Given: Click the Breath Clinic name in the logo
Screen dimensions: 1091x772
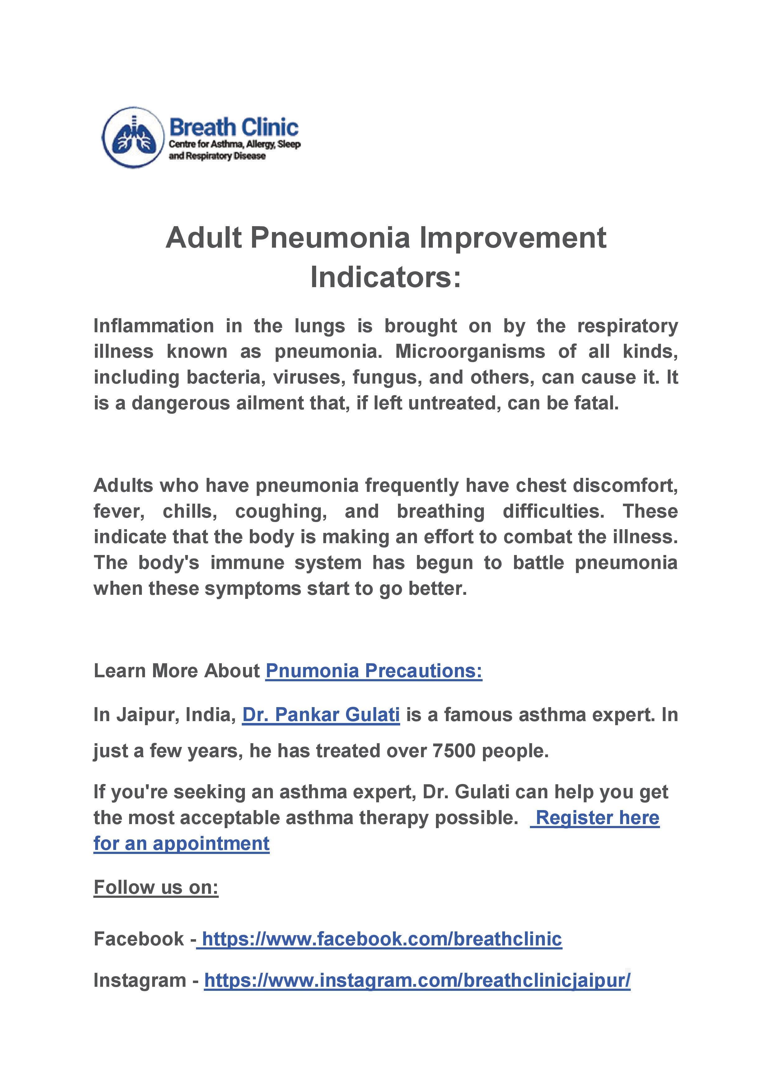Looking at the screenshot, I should [234, 127].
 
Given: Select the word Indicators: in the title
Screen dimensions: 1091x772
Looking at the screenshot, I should [386, 277].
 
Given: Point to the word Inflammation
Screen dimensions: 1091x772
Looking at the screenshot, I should [153, 326].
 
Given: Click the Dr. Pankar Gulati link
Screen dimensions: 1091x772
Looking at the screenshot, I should [321, 715].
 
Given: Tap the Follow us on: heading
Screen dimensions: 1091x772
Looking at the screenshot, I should [156, 887].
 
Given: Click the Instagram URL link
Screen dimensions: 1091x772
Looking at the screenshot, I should [417, 980].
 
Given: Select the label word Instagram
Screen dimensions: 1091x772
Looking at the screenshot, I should [139, 980].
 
